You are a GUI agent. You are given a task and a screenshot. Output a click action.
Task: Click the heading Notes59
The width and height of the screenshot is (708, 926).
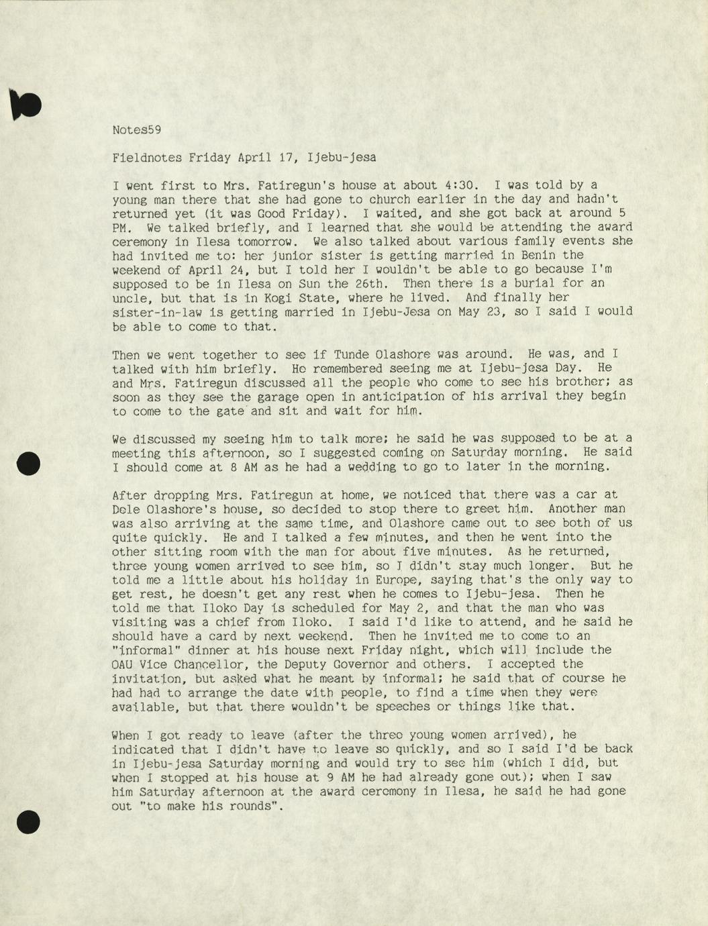click(136, 130)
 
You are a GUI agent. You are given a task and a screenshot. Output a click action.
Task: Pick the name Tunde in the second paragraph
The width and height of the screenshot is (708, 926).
click(352, 354)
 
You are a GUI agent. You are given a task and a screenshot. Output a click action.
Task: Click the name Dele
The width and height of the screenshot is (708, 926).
click(126, 509)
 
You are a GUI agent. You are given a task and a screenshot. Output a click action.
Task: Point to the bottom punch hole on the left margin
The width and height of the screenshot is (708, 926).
click(28, 821)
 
